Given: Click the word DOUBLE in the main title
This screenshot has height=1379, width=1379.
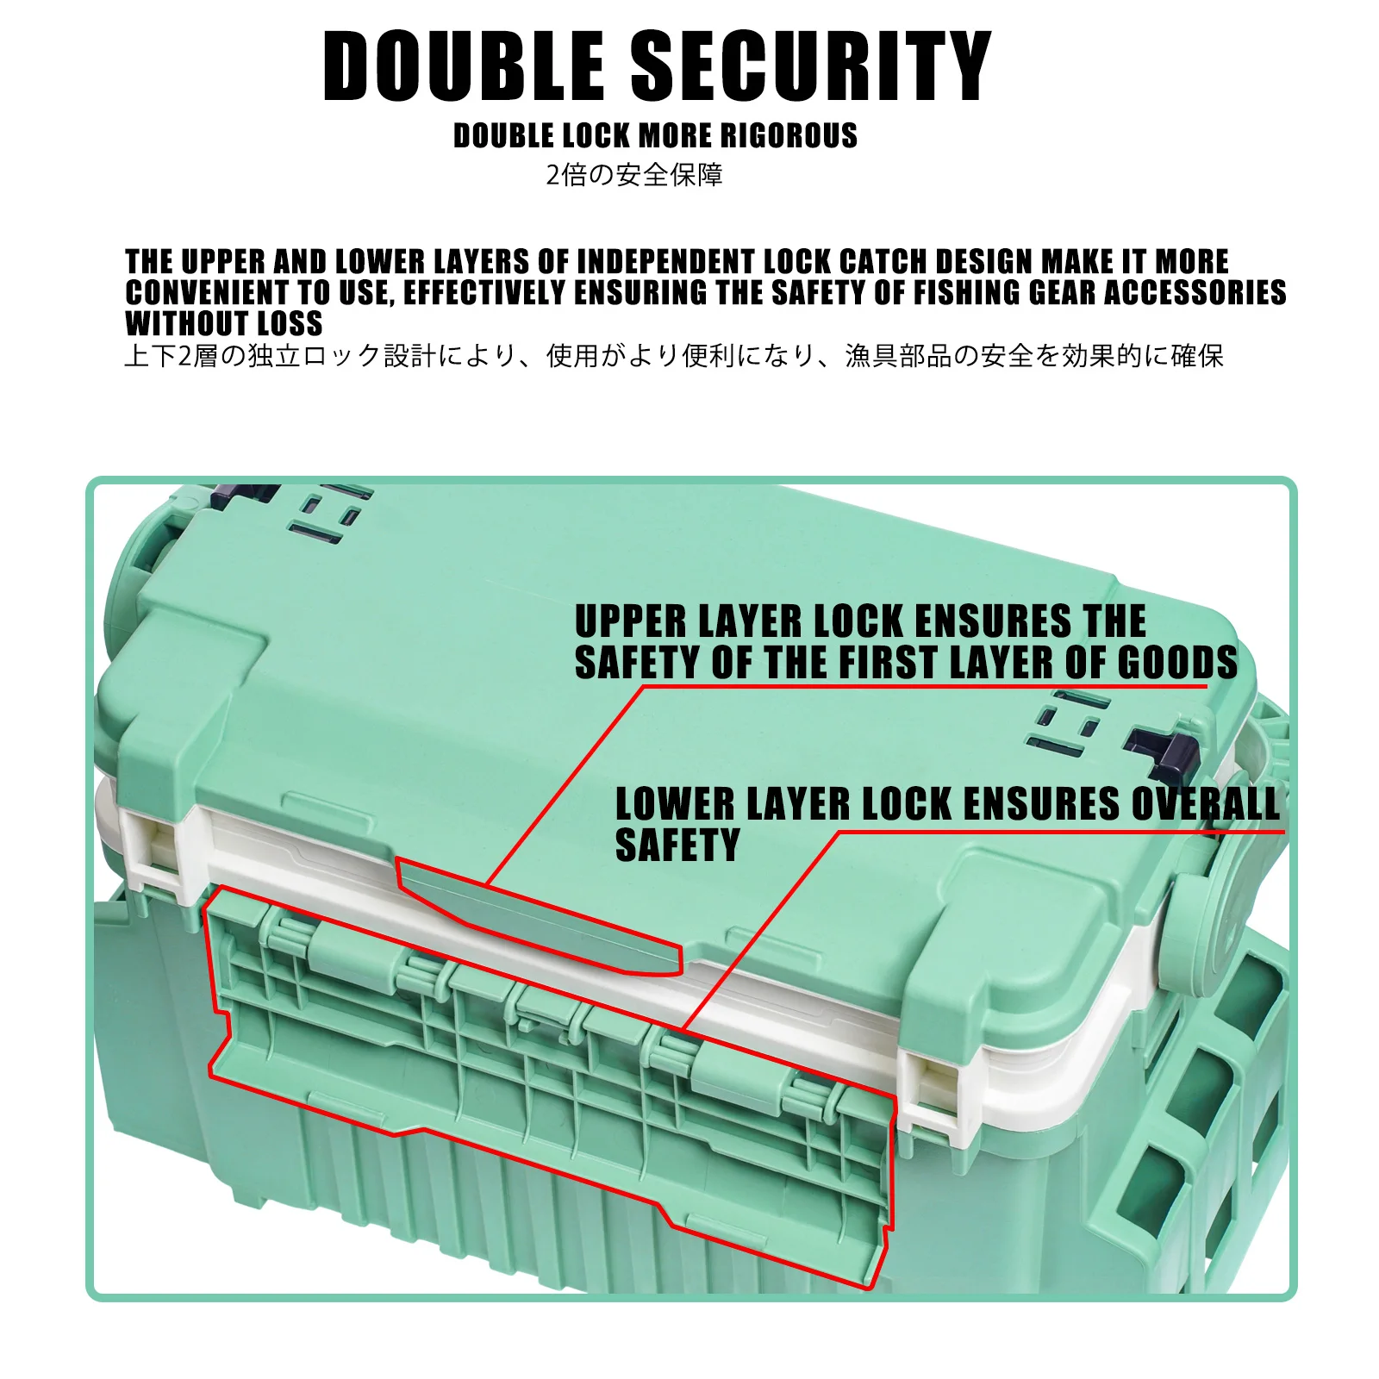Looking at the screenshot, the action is (x=464, y=66).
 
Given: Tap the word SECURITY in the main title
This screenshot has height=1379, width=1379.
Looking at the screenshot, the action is (x=811, y=66).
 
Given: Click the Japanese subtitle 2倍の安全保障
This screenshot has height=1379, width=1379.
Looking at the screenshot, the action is (x=634, y=175).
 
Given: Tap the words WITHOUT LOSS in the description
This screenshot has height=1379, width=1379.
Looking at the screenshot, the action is (x=224, y=323).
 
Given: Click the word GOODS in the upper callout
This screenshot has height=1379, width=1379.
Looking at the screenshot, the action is (x=1177, y=663).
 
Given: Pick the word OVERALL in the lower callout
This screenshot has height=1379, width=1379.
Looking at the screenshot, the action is (x=1206, y=804).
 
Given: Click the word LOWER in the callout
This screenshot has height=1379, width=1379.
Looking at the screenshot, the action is (x=675, y=804).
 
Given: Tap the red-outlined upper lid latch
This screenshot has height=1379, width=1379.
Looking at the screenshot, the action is (x=539, y=916).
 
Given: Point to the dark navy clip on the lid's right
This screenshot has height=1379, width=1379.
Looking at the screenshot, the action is (x=1164, y=748).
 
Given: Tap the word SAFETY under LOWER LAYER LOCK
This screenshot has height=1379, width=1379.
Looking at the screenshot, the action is (x=677, y=845).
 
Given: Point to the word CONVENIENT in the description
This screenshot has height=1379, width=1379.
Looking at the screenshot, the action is (x=206, y=292).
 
